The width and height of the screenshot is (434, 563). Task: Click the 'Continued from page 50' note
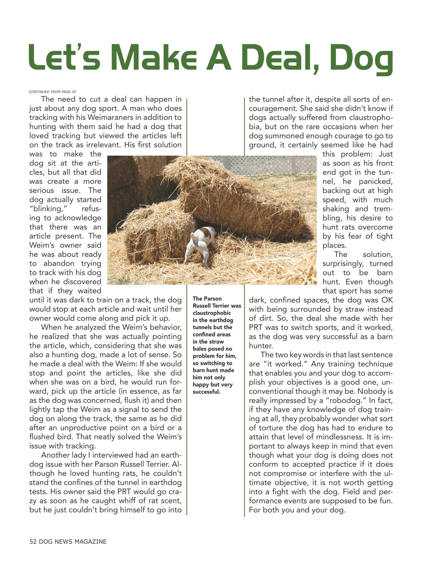[52, 92]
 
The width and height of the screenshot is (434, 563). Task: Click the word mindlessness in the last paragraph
[337, 437]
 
